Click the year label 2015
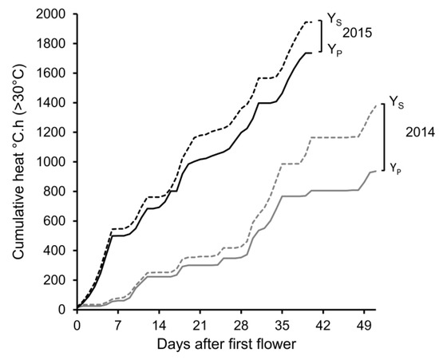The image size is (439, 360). point(359,33)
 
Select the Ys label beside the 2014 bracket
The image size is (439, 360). point(395,102)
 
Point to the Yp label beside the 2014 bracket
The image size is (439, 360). point(395,167)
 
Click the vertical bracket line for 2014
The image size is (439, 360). point(384,136)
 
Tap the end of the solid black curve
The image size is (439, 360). point(311,53)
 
